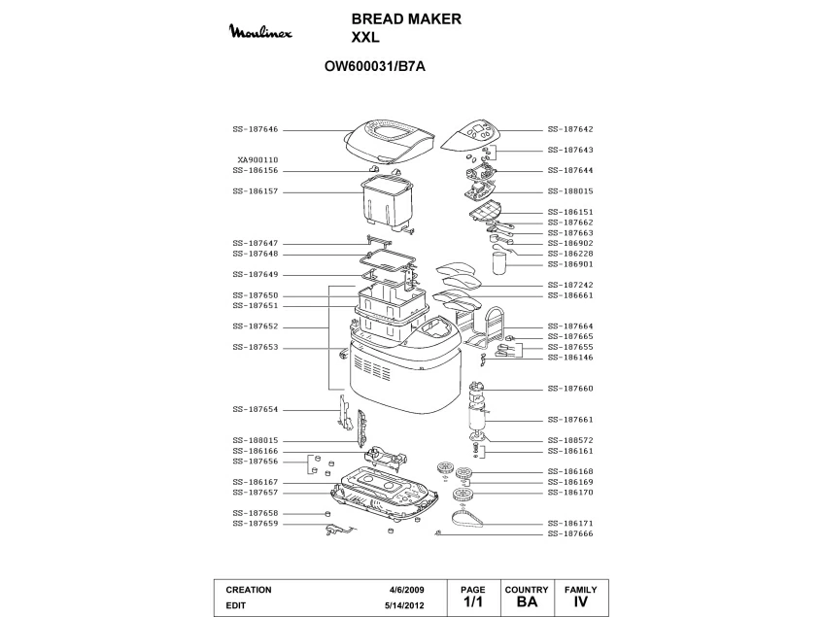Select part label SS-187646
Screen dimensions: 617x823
click(256, 129)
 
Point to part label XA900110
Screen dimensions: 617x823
click(257, 159)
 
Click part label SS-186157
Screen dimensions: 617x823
click(256, 191)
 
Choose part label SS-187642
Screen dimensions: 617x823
click(570, 129)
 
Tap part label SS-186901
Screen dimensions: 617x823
click(570, 263)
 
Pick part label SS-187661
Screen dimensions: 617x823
click(570, 420)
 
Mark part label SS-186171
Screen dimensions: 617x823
click(570, 523)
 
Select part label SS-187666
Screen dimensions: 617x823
click(570, 533)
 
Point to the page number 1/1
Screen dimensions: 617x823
click(473, 602)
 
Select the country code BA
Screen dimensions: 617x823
click(528, 602)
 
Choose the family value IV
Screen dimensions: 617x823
click(581, 602)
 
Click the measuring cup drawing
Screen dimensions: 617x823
click(500, 259)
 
